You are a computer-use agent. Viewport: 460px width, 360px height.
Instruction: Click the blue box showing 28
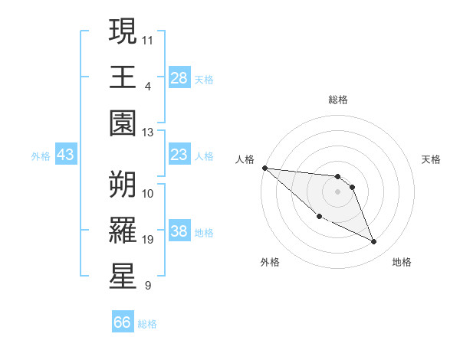pyautogui.click(x=179, y=78)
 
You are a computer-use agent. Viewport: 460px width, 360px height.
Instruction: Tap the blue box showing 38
pyautogui.click(x=179, y=232)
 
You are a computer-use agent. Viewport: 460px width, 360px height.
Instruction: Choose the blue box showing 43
pyautogui.click(x=66, y=155)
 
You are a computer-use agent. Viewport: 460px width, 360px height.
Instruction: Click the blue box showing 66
pyautogui.click(x=123, y=322)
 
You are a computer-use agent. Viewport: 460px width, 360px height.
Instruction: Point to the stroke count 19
pyautogui.click(x=148, y=240)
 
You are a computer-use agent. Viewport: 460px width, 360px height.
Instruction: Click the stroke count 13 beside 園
pyautogui.click(x=148, y=133)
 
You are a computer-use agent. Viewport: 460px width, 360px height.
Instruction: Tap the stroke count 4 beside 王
pyautogui.click(x=147, y=86)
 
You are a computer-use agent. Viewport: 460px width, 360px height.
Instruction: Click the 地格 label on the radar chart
pyautogui.click(x=402, y=262)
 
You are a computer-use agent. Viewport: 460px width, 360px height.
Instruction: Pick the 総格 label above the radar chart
pyautogui.click(x=338, y=100)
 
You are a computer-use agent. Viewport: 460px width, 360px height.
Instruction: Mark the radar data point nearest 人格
pyautogui.click(x=264, y=168)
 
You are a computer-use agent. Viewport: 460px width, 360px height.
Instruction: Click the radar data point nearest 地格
pyautogui.click(x=374, y=242)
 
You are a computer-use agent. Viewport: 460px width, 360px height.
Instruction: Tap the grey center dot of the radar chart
pyautogui.click(x=338, y=191)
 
